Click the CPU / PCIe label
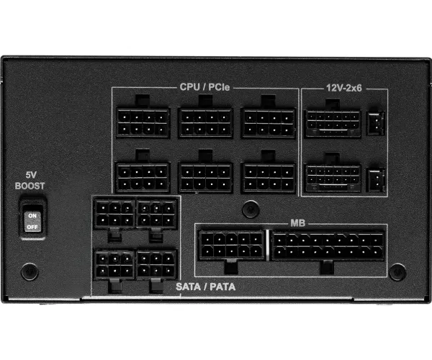coord(204,87)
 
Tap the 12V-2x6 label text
coord(344,88)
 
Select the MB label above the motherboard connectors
coord(298,223)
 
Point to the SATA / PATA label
coord(205,287)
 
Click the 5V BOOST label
coord(30,181)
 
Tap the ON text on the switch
coord(32,216)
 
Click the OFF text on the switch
coord(32,227)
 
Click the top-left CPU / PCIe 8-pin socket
coord(143,122)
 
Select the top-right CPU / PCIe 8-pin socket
coord(269,123)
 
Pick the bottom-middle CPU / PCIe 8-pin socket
coord(206,178)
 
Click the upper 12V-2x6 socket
coord(333,124)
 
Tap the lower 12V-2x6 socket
coord(333,179)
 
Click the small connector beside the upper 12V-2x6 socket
coord(376,123)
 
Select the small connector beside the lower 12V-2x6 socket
coord(376,180)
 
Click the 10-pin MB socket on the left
coord(231,245)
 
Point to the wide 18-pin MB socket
coord(328,246)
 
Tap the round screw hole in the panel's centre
coord(251,209)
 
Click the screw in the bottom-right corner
coord(397,272)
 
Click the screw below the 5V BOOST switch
coord(30,271)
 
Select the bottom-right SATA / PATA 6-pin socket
coord(156,265)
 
